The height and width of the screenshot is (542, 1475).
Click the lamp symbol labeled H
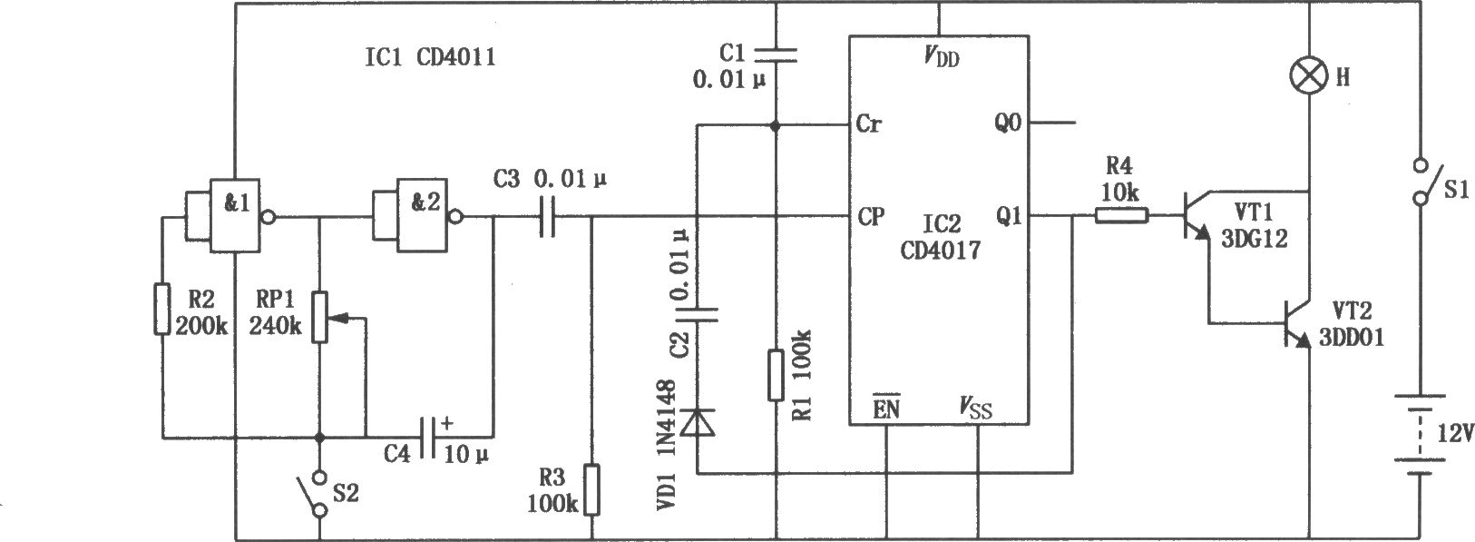coord(1308,76)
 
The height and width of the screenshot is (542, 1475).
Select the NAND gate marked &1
coord(235,215)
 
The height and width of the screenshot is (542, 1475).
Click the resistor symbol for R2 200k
coord(162,310)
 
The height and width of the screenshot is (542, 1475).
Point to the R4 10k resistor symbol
coord(1122,215)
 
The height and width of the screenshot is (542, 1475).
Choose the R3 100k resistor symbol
coord(592,489)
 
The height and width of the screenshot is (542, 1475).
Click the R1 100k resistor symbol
coord(776,375)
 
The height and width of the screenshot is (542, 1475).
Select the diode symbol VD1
coord(697,422)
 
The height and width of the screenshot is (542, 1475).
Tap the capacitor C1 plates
coord(776,54)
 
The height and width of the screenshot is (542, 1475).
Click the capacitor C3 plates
coord(547,215)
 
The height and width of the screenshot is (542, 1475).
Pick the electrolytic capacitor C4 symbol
coord(428,437)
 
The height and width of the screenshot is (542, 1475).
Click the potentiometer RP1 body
coord(319,317)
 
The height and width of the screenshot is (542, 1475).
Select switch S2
coord(312,493)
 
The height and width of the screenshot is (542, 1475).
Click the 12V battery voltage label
coord(1454,434)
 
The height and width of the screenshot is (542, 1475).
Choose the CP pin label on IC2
coord(871,216)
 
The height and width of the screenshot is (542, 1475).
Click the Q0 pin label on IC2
coord(1008,123)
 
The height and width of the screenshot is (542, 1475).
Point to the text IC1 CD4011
coord(430,56)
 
